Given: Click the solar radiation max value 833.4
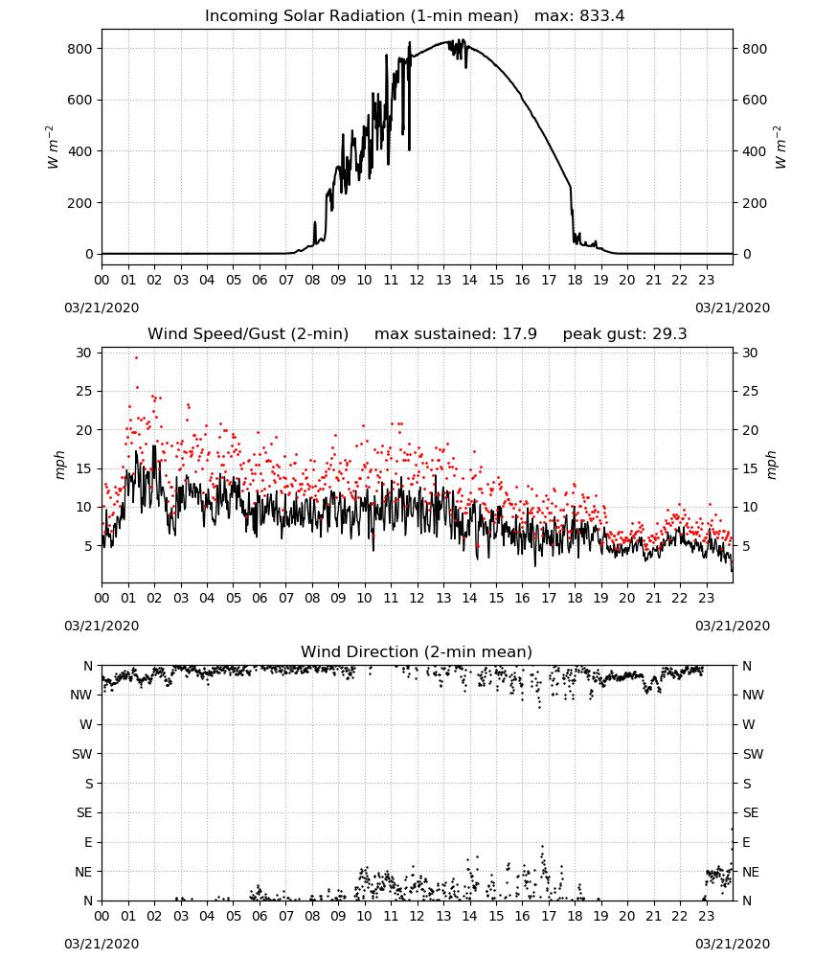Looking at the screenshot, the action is tap(602, 16).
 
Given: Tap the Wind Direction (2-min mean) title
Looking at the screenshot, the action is tap(417, 651).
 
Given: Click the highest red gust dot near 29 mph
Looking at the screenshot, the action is tap(136, 358).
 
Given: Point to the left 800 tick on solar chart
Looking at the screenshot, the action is tap(79, 49).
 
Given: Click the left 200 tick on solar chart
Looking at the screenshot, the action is tap(79, 203).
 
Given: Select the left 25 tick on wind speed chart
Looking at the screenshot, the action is tap(83, 391).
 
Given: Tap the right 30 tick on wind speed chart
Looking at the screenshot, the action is tap(750, 353).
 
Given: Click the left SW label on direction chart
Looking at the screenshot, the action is tap(81, 754).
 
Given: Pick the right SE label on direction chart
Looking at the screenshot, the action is tap(751, 812).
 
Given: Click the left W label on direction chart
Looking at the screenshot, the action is tap(86, 724).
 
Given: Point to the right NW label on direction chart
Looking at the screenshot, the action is tap(754, 695).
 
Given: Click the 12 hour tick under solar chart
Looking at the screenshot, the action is tap(418, 281).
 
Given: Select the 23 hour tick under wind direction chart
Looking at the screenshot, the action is tap(707, 917).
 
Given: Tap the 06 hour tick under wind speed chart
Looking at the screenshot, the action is tap(260, 598).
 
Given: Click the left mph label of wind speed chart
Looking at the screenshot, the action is tap(59, 465).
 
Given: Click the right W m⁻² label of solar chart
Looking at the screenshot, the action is tap(780, 148).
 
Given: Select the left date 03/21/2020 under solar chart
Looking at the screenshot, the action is tap(102, 308).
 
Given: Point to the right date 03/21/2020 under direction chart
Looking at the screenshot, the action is tap(733, 944).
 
